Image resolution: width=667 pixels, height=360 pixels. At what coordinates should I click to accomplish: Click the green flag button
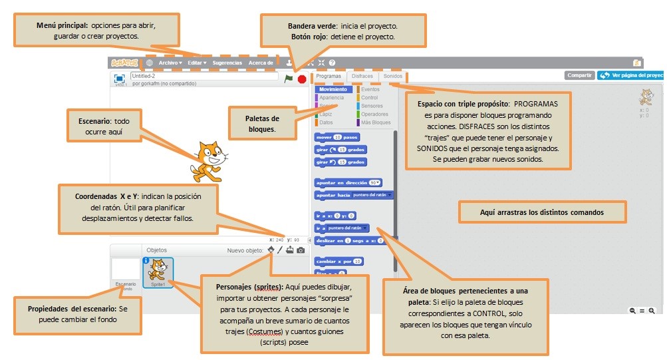click(x=288, y=79)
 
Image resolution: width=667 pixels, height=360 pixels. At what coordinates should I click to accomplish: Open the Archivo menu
click(x=170, y=63)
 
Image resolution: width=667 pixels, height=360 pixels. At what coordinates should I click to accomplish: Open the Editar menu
click(x=197, y=63)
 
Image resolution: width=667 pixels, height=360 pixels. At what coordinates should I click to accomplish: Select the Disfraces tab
click(x=362, y=77)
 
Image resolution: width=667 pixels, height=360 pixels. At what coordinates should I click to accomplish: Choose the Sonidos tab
click(x=393, y=77)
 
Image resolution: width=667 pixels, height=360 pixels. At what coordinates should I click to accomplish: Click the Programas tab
click(x=329, y=77)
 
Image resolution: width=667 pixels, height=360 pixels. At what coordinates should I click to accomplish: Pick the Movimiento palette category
click(x=333, y=89)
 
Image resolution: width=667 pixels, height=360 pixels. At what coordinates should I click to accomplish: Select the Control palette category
click(x=369, y=98)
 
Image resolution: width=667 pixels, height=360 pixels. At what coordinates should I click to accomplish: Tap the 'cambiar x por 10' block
click(x=338, y=262)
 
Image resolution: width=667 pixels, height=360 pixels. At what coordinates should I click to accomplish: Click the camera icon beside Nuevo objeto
click(x=301, y=250)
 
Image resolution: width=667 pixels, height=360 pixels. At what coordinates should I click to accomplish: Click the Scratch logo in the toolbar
click(x=124, y=63)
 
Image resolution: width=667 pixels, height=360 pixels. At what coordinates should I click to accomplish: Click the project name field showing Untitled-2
click(x=203, y=77)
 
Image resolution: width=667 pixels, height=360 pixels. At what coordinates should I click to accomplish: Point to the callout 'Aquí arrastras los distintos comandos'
click(x=542, y=212)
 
